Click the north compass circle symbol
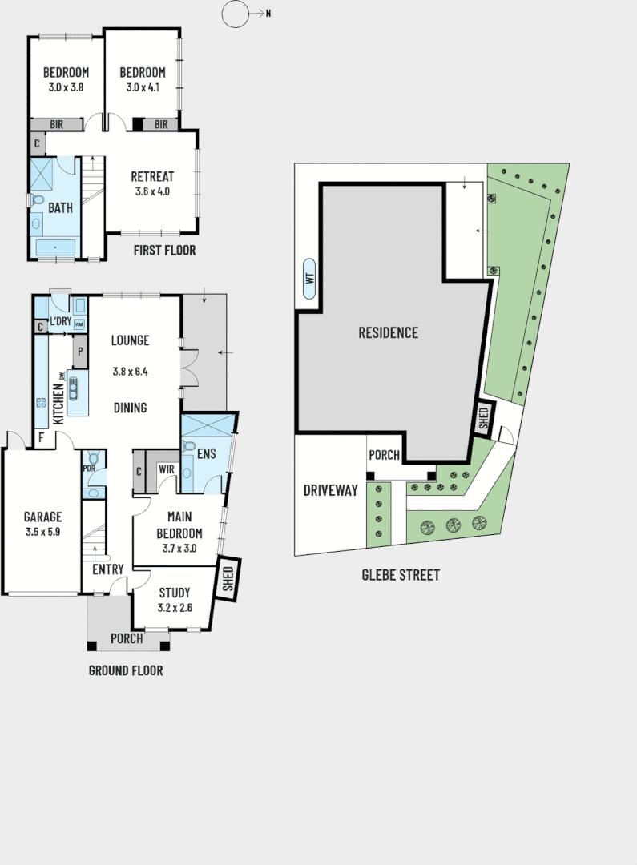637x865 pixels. pyautogui.click(x=235, y=14)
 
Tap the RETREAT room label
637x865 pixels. pyautogui.click(x=152, y=177)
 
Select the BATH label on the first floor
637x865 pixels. pyautogui.click(x=60, y=208)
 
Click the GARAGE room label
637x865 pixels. pyautogui.click(x=42, y=517)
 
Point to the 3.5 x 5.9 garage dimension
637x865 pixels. pyautogui.click(x=42, y=533)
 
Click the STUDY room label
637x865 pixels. pyautogui.click(x=174, y=593)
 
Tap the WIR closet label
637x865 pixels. pyautogui.click(x=167, y=469)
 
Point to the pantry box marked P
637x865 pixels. pyautogui.click(x=80, y=351)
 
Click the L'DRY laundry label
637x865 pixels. pyautogui.click(x=61, y=322)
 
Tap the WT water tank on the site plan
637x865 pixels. pyautogui.click(x=308, y=280)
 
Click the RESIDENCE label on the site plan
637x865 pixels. pyautogui.click(x=388, y=332)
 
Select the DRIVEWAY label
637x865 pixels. pyautogui.click(x=330, y=490)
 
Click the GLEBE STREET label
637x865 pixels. pyautogui.click(x=401, y=575)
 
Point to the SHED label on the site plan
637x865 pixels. pyautogui.click(x=482, y=418)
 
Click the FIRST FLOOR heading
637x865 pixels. pyautogui.click(x=165, y=251)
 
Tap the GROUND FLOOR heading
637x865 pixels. pyautogui.click(x=125, y=670)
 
